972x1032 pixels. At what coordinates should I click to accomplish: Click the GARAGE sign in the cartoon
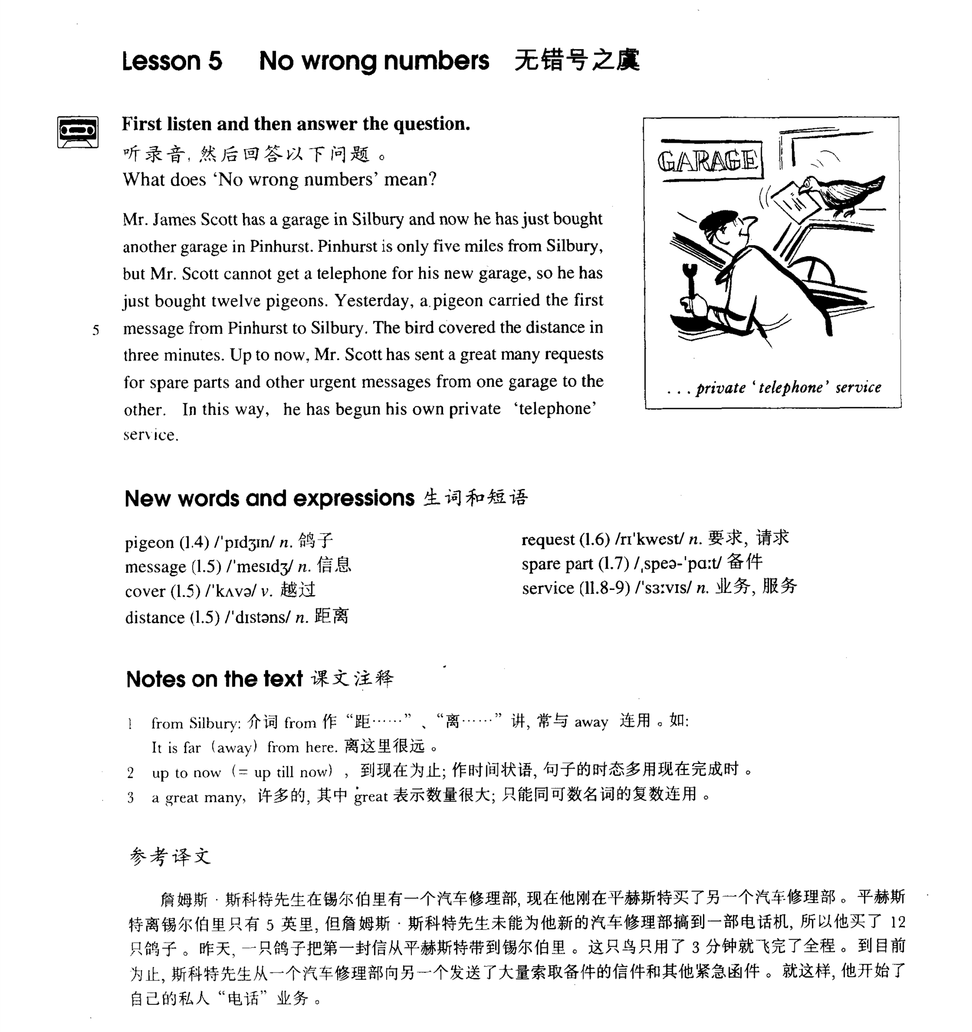(708, 160)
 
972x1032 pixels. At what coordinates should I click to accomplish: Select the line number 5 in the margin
(96, 330)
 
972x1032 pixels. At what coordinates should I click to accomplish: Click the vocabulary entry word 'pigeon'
(149, 543)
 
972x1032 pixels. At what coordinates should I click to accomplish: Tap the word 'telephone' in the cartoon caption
(790, 387)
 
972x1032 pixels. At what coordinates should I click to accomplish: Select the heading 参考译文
(170, 856)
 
